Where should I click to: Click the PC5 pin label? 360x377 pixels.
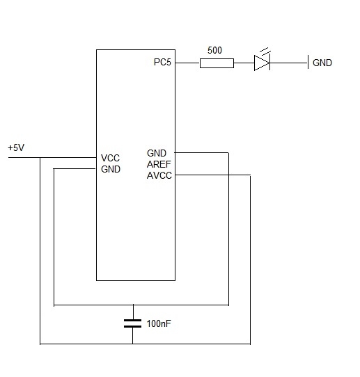(162, 63)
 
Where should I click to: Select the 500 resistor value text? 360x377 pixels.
(214, 50)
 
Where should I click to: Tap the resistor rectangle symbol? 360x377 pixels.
(217, 63)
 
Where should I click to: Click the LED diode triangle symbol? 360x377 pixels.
(262, 63)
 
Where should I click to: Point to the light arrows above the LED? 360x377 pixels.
(265, 51)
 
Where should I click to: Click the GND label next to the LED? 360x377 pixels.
(322, 63)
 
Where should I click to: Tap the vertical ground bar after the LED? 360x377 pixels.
(308, 62)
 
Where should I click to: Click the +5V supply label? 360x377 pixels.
(16, 147)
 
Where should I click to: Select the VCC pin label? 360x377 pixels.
(110, 158)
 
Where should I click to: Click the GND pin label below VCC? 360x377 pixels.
(111, 169)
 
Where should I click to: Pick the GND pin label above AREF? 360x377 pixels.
(157, 153)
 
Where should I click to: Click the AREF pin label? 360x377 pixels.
(159, 164)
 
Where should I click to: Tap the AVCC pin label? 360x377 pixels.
(159, 175)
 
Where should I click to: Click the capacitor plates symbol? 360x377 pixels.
(132, 323)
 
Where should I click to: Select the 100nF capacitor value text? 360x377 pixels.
(159, 323)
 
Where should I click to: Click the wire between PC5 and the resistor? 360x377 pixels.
(187, 63)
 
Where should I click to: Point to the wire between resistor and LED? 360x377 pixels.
(244, 63)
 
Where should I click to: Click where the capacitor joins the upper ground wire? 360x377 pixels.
(133, 305)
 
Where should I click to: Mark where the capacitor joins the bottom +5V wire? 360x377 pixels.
(132, 344)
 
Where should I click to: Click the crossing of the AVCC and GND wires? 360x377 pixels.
(228, 175)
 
